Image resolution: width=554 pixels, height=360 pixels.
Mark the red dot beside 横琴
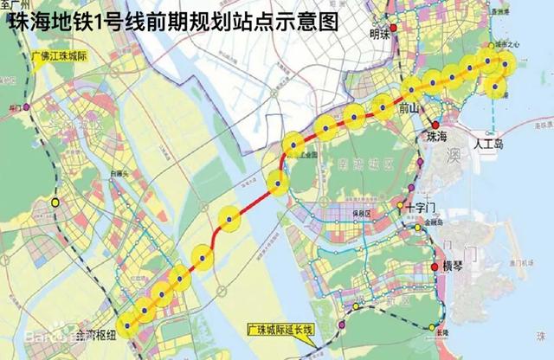pos(435,265)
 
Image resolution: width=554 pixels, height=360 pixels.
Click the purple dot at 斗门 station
pos(28,107)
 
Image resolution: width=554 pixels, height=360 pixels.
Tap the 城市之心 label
pos(506,44)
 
